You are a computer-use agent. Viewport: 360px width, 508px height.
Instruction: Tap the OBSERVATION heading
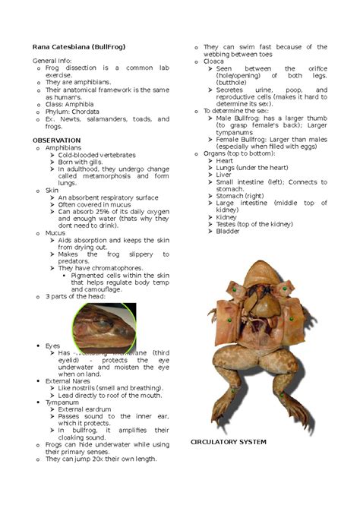55,140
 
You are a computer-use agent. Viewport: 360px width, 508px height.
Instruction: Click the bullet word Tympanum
62,402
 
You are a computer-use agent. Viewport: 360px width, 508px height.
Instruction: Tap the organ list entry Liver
225,174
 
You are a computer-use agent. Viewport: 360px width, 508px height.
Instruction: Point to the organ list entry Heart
226,160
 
